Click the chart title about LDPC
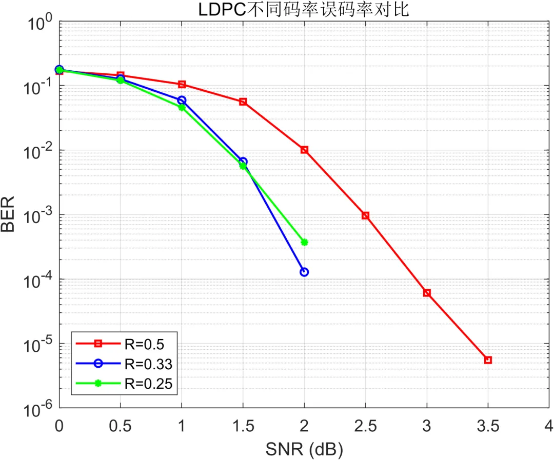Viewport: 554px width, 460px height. (304, 10)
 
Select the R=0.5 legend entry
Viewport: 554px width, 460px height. (120, 344)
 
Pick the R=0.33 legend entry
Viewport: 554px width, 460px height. (124, 364)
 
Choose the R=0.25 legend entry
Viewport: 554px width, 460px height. (124, 384)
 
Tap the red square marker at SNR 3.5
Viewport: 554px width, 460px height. (488, 360)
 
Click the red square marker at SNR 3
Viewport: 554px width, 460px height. (427, 293)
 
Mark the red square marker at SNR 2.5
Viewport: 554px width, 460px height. (366, 215)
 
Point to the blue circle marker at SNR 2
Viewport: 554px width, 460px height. (304, 272)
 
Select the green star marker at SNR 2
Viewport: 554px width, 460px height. (304, 243)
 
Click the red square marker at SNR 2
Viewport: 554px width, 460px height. (304, 150)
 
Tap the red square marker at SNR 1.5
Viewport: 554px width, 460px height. (243, 102)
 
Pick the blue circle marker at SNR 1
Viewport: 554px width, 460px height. (182, 101)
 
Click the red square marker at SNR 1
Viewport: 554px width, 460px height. (182, 84)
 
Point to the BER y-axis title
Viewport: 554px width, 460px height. (8, 214)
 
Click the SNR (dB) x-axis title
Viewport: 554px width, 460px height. (304, 450)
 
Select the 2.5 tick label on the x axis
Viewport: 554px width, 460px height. (366, 426)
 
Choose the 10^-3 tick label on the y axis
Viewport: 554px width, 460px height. (38, 215)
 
